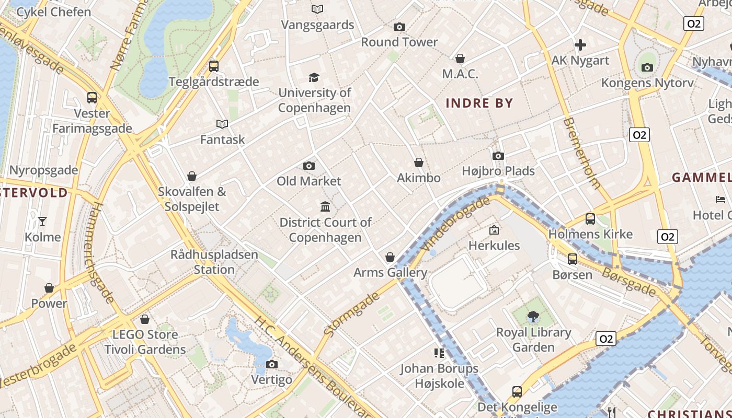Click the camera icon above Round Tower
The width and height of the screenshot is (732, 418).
click(x=399, y=27)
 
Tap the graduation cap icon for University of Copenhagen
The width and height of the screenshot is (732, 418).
click(x=314, y=77)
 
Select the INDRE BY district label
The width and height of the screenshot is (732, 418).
click(x=479, y=103)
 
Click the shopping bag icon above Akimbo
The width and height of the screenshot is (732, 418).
click(x=418, y=162)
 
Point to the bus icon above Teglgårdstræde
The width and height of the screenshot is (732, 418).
click(x=213, y=66)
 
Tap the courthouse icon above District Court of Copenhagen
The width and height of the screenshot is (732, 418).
click(x=325, y=207)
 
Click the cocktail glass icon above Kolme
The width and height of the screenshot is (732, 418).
click(x=42, y=222)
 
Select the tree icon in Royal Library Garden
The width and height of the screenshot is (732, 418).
click(x=533, y=316)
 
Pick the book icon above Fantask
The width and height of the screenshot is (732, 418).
click(x=222, y=124)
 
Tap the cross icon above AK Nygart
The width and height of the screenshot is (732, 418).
click(x=580, y=45)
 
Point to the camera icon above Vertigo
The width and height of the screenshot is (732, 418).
click(x=271, y=364)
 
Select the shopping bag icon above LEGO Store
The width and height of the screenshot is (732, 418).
click(x=145, y=319)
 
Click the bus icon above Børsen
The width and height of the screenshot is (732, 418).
click(x=573, y=259)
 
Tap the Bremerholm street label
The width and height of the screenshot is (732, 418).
click(x=582, y=153)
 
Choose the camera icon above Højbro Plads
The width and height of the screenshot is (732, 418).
click(x=498, y=156)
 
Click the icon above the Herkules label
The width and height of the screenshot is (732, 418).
click(x=494, y=230)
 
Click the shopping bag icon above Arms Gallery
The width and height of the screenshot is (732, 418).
click(x=390, y=257)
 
